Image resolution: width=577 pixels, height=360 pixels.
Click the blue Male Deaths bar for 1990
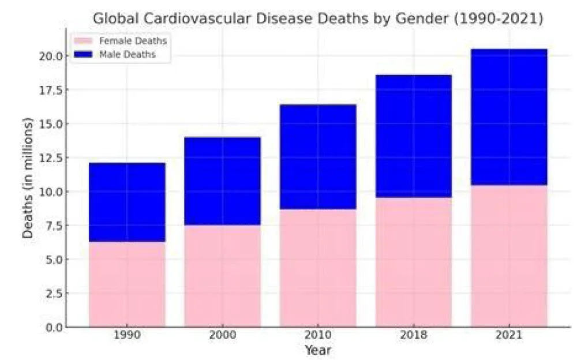[x=127, y=202]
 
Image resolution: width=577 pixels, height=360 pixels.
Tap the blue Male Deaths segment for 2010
[x=318, y=156]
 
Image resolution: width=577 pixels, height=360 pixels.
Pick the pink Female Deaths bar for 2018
[x=413, y=262]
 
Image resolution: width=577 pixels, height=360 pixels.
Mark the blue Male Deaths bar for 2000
[x=222, y=181]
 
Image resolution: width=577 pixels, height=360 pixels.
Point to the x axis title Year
[x=318, y=350]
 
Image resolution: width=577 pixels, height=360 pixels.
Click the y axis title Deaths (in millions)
[x=28, y=178]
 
